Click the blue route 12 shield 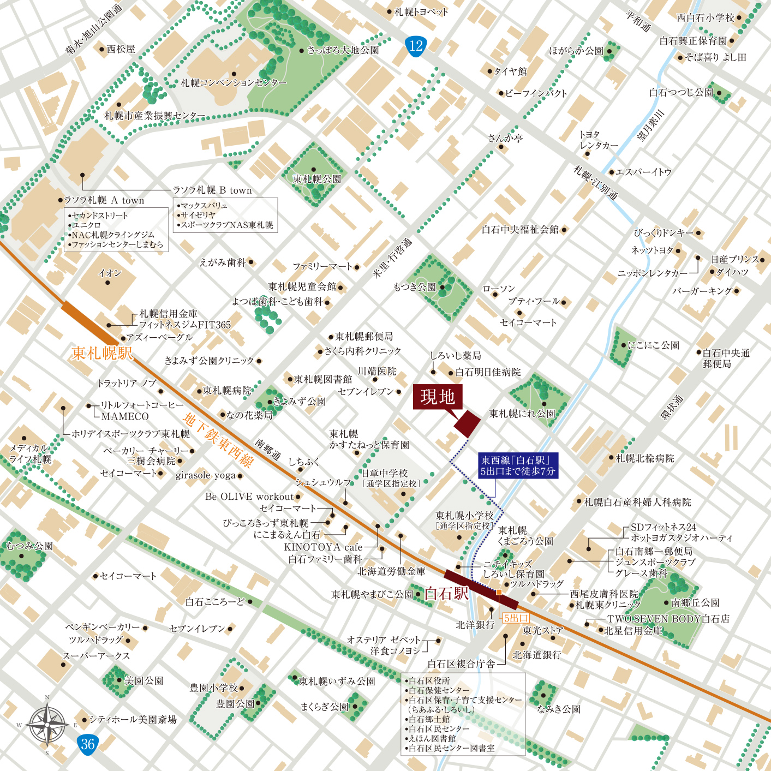(x=416, y=46)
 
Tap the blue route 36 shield (x=88, y=744)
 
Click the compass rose (x=47, y=725)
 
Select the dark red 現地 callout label (x=438, y=397)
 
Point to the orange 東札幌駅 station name (x=102, y=353)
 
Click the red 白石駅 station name (x=446, y=593)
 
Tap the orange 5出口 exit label (x=515, y=618)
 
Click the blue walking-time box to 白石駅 (x=517, y=465)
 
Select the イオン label (x=109, y=273)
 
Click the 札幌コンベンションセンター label (x=234, y=83)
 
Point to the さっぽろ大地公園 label (x=343, y=50)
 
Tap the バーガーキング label (x=702, y=291)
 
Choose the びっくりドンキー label (x=664, y=233)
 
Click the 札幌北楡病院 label (x=645, y=458)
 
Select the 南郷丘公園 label (x=695, y=602)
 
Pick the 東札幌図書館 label (x=323, y=379)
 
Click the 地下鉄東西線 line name (x=218, y=441)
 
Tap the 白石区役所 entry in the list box (x=429, y=680)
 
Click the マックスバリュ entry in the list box (x=204, y=206)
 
